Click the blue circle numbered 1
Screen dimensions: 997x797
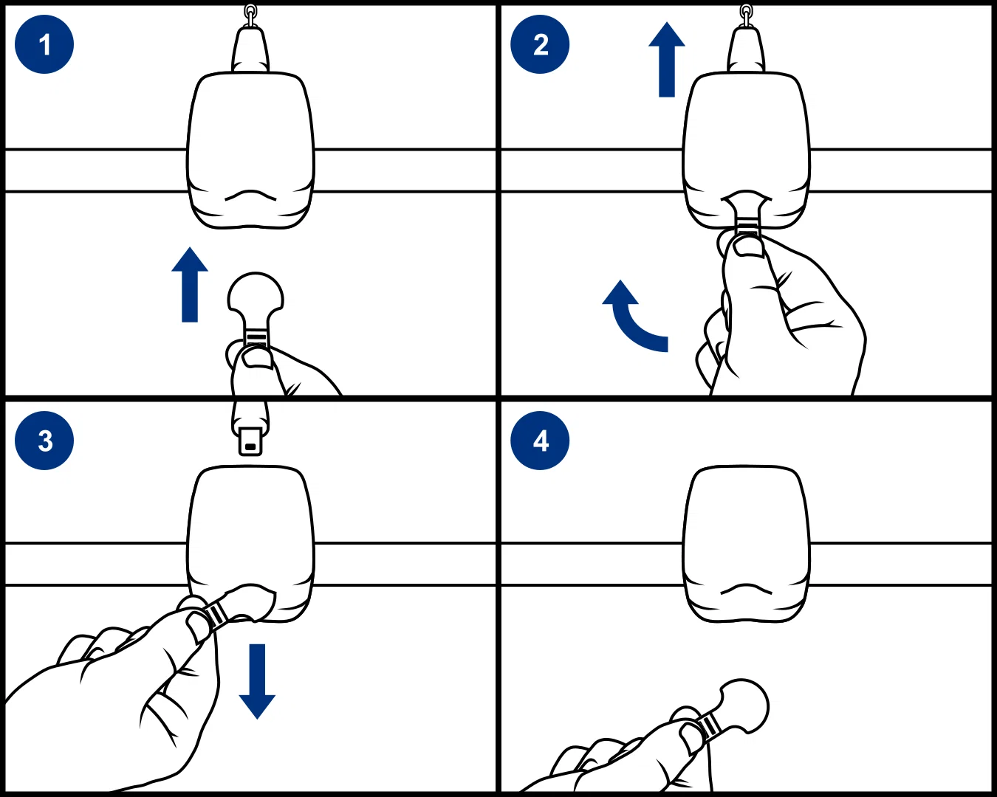pyautogui.click(x=44, y=44)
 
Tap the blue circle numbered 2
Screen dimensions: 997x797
pyautogui.click(x=540, y=44)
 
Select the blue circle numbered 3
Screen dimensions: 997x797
pyautogui.click(x=44, y=441)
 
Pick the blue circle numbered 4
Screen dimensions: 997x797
pyautogui.click(x=540, y=441)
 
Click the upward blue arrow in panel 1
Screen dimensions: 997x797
pyautogui.click(x=190, y=284)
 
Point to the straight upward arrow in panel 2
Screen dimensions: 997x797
pyautogui.click(x=667, y=59)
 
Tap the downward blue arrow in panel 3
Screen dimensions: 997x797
pyautogui.click(x=257, y=681)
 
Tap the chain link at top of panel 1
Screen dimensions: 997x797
pyautogui.click(x=250, y=15)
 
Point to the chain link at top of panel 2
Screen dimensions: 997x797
pyautogui.click(x=746, y=15)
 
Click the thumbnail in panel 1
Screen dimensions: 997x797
pyautogui.click(x=256, y=359)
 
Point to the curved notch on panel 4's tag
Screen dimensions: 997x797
pyautogui.click(x=747, y=589)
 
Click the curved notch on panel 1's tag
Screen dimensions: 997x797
pyautogui.click(x=250, y=195)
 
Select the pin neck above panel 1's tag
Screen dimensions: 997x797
pyautogui.click(x=250, y=50)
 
